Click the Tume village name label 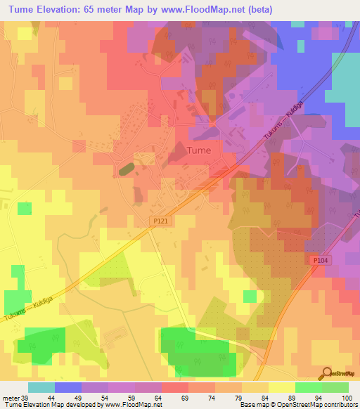tap(202, 150)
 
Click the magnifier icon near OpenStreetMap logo tap(326, 374)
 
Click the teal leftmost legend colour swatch tap(41, 387)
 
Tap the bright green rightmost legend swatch tap(335, 387)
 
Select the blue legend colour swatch tap(68, 387)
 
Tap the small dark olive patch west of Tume tap(127, 169)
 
